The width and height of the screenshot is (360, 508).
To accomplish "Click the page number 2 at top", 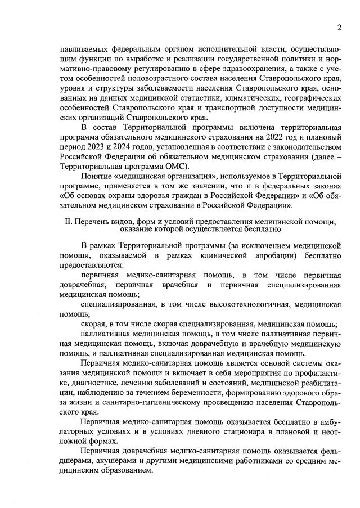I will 340,28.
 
